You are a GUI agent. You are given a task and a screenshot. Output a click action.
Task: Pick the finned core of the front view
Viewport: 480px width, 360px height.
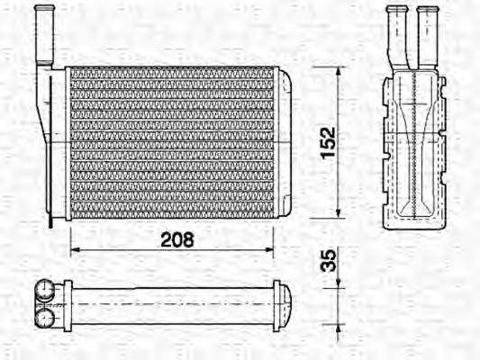pos(171,142)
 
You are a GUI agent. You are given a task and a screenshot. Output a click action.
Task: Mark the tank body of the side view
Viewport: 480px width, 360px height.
pos(412,148)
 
